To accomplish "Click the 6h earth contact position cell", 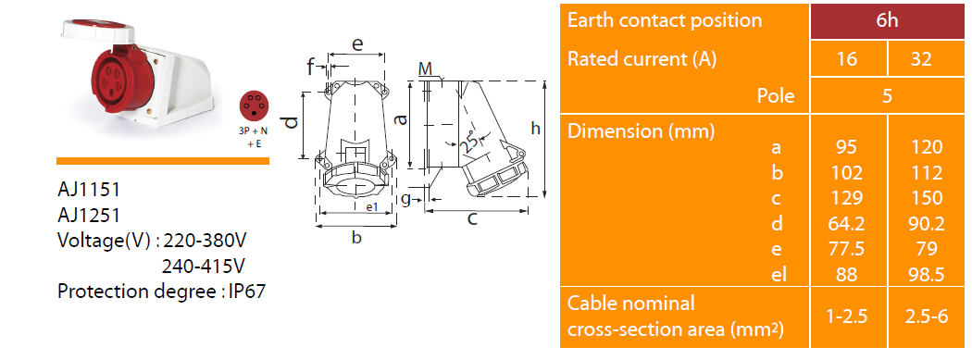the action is coord(888,21).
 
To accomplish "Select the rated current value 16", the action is coord(847,59).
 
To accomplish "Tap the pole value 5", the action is coord(888,96).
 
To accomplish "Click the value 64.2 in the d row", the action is coord(847,223).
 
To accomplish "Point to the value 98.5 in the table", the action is coord(926,274).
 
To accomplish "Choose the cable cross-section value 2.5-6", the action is coord(926,316).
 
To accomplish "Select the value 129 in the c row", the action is coord(847,198).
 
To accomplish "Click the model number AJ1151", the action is coord(88,189).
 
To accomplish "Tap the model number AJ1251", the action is coord(88,215).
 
